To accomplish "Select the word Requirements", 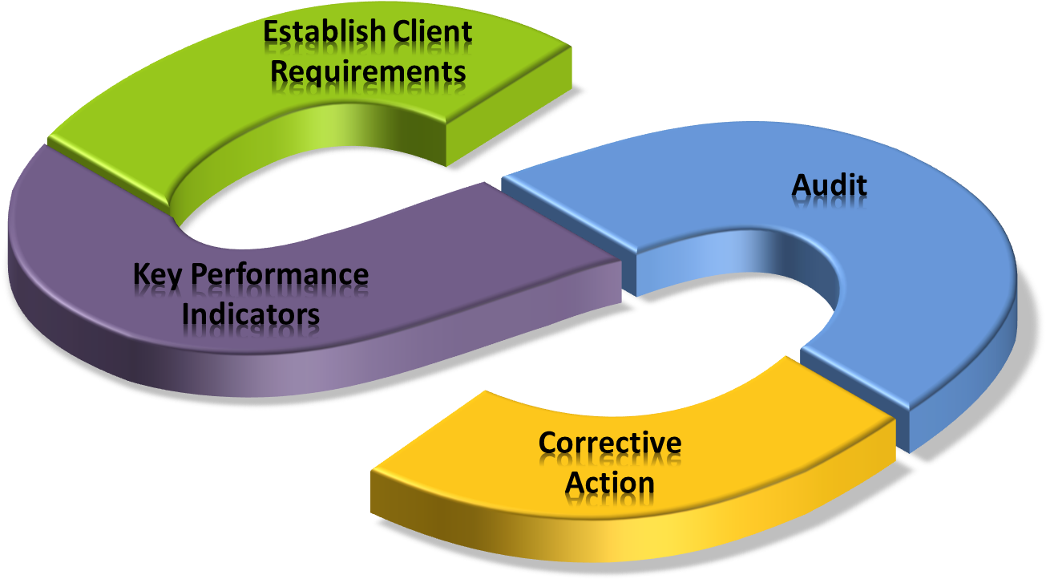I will click(368, 71).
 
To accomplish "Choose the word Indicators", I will click(251, 314).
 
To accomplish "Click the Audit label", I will click(829, 185).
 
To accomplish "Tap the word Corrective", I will click(610, 443).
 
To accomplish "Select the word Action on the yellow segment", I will click(610, 483).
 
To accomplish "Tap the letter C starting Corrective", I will click(547, 443).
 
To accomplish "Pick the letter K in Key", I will click(141, 274).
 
